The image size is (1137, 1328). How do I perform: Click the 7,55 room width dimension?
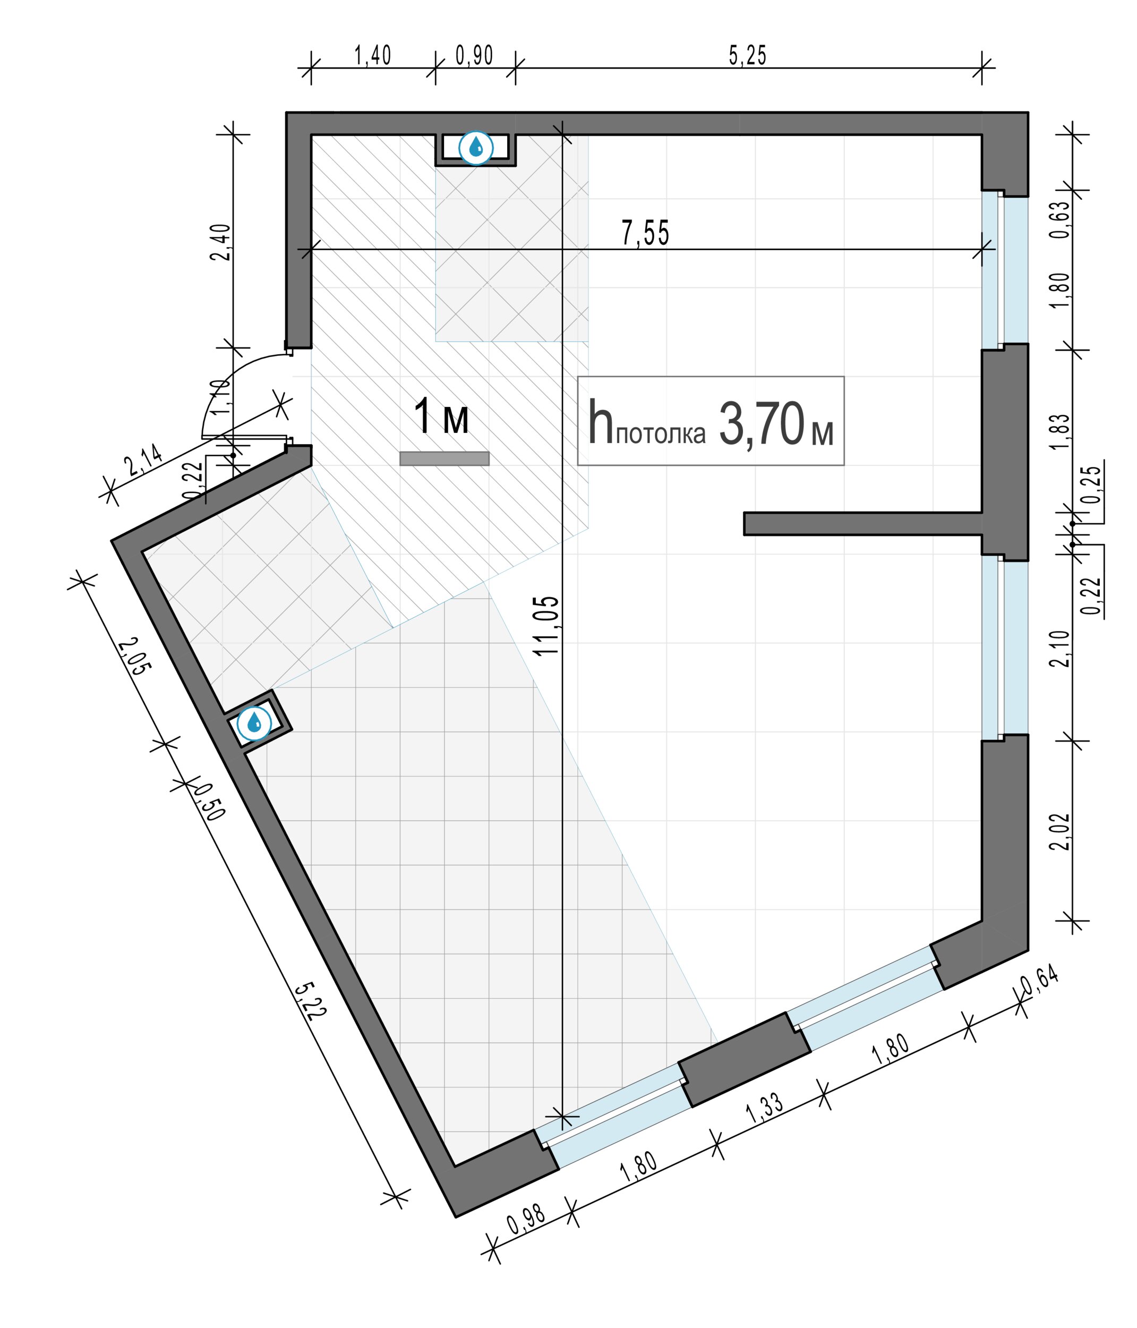click(645, 233)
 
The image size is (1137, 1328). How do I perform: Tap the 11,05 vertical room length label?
click(546, 626)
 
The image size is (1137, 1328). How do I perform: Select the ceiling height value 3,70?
click(761, 424)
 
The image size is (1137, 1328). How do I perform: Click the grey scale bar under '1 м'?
click(444, 458)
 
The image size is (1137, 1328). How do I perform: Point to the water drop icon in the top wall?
click(476, 148)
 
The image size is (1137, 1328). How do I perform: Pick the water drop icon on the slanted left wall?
click(254, 723)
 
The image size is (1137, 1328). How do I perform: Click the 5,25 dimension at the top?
click(747, 56)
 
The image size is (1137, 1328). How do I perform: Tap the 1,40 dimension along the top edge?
click(372, 56)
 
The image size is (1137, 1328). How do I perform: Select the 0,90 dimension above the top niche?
click(474, 56)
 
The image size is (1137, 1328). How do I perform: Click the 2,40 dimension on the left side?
click(220, 242)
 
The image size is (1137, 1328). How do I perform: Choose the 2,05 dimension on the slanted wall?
click(136, 656)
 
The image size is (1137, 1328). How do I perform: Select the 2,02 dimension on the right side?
click(1060, 831)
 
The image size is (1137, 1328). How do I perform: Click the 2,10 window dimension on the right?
click(1060, 649)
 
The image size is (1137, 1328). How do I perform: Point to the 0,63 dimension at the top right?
click(1060, 220)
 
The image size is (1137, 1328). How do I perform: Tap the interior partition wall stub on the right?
click(862, 524)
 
